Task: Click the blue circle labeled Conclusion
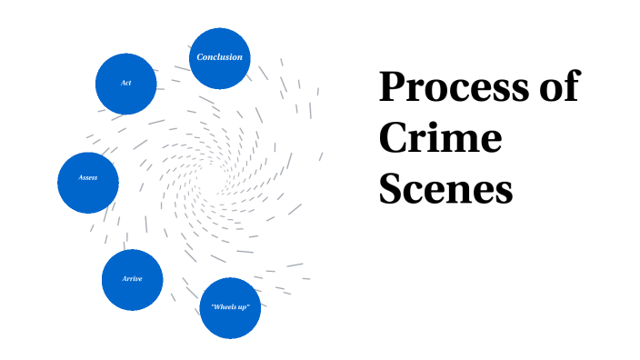(220, 58)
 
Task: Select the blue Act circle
(126, 84)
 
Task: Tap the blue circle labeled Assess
(88, 183)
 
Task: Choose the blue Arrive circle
(132, 280)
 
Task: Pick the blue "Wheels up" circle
(230, 308)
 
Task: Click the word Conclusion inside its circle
(220, 57)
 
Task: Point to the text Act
(126, 83)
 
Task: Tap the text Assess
(88, 177)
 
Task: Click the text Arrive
(132, 279)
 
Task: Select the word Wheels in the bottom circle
(224, 306)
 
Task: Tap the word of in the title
(560, 85)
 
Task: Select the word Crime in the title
(440, 137)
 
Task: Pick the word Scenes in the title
(445, 188)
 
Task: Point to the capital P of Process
(394, 86)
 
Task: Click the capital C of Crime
(394, 137)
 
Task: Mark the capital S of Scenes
(391, 188)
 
